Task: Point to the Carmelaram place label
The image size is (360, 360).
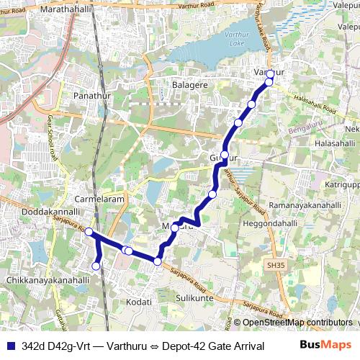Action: click(x=100, y=199)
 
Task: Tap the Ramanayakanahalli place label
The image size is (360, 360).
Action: click(x=305, y=205)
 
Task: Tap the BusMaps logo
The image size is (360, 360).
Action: click(x=325, y=346)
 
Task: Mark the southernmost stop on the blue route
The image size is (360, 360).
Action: click(x=96, y=267)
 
